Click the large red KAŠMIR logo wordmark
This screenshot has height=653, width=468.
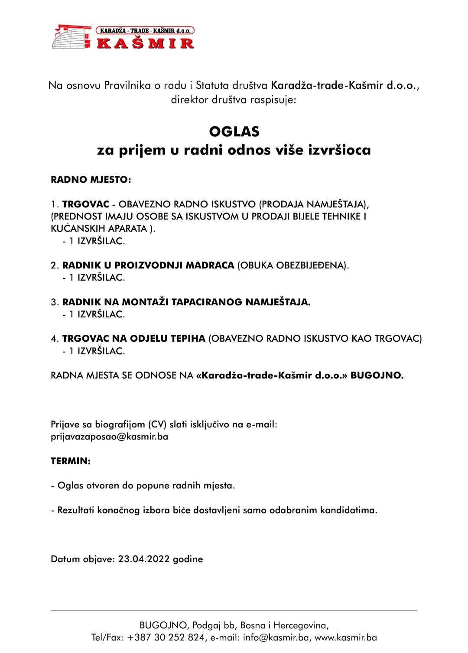click(x=145, y=43)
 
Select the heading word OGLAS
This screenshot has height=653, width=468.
click(x=234, y=132)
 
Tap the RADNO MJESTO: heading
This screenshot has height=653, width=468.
click(x=91, y=180)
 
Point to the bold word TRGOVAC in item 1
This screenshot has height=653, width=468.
click(x=86, y=204)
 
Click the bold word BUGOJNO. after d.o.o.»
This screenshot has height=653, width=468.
click(x=377, y=375)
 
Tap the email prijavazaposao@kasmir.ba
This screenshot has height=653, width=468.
click(x=110, y=436)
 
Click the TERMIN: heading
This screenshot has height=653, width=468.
click(x=71, y=461)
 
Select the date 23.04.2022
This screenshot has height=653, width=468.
click(x=144, y=559)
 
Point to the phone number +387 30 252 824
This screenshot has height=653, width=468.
click(x=166, y=638)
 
